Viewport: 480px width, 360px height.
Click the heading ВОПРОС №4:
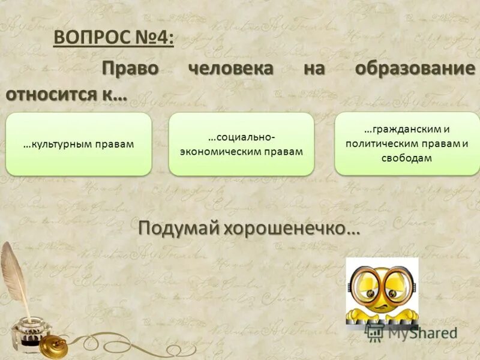coord(115,38)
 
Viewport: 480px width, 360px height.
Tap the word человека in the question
coord(230,68)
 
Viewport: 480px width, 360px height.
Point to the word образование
coord(415,68)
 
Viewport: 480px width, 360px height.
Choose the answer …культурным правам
coord(79,144)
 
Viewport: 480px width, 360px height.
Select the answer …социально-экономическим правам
coord(241,144)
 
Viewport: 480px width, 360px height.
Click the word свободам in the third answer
coord(406,158)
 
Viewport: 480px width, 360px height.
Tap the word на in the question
coord(313,68)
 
